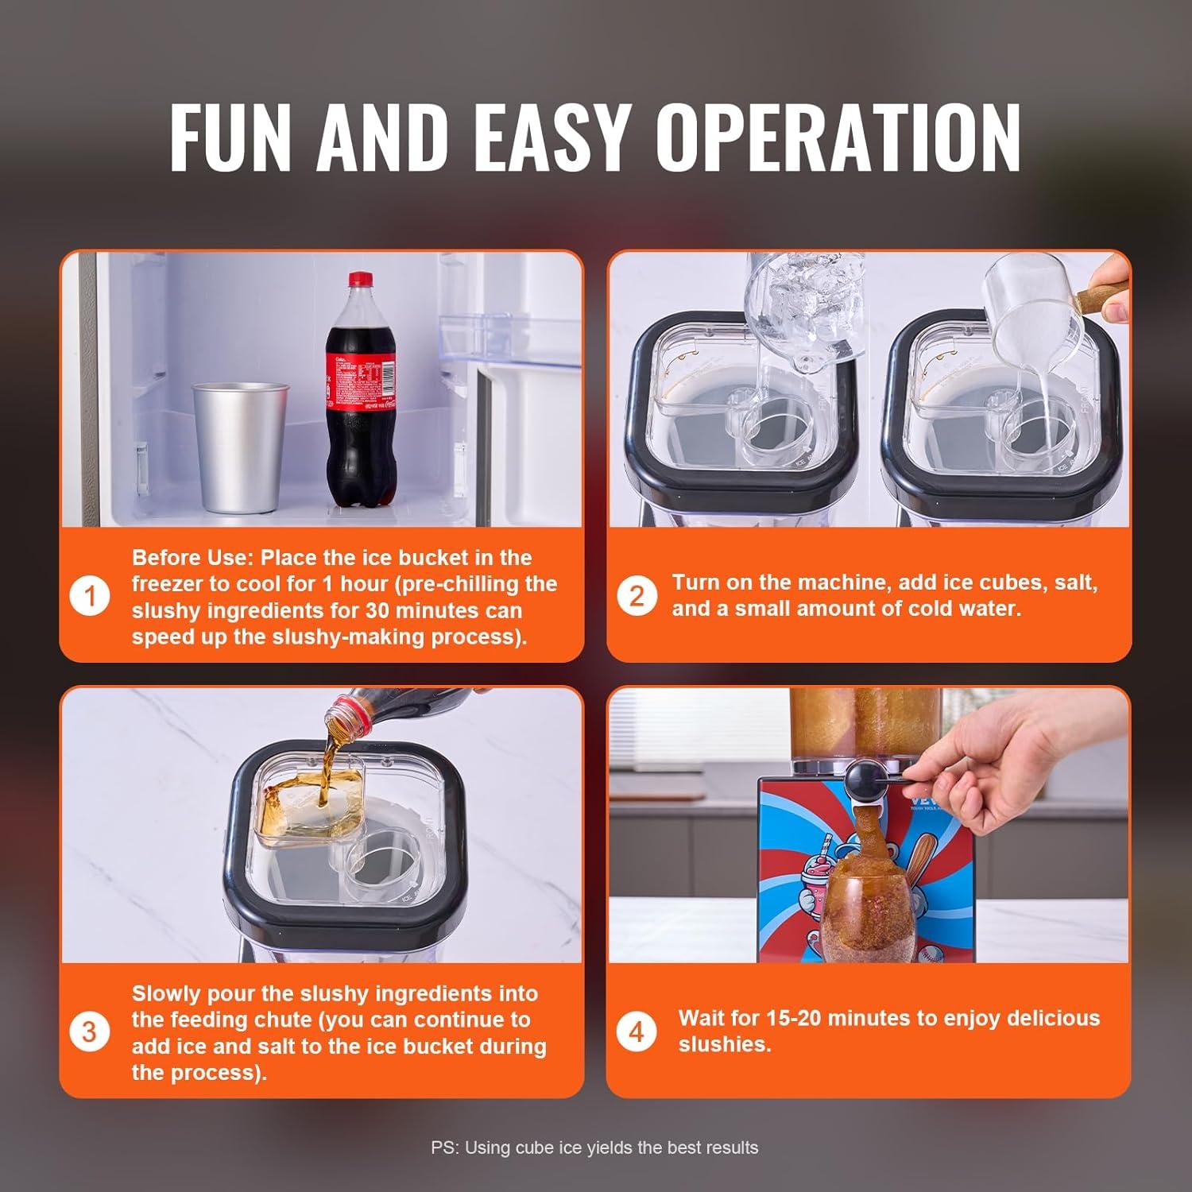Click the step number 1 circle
89,596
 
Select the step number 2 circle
637,596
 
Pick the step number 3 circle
89,1032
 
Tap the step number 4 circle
636,1032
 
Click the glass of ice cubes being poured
803,310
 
